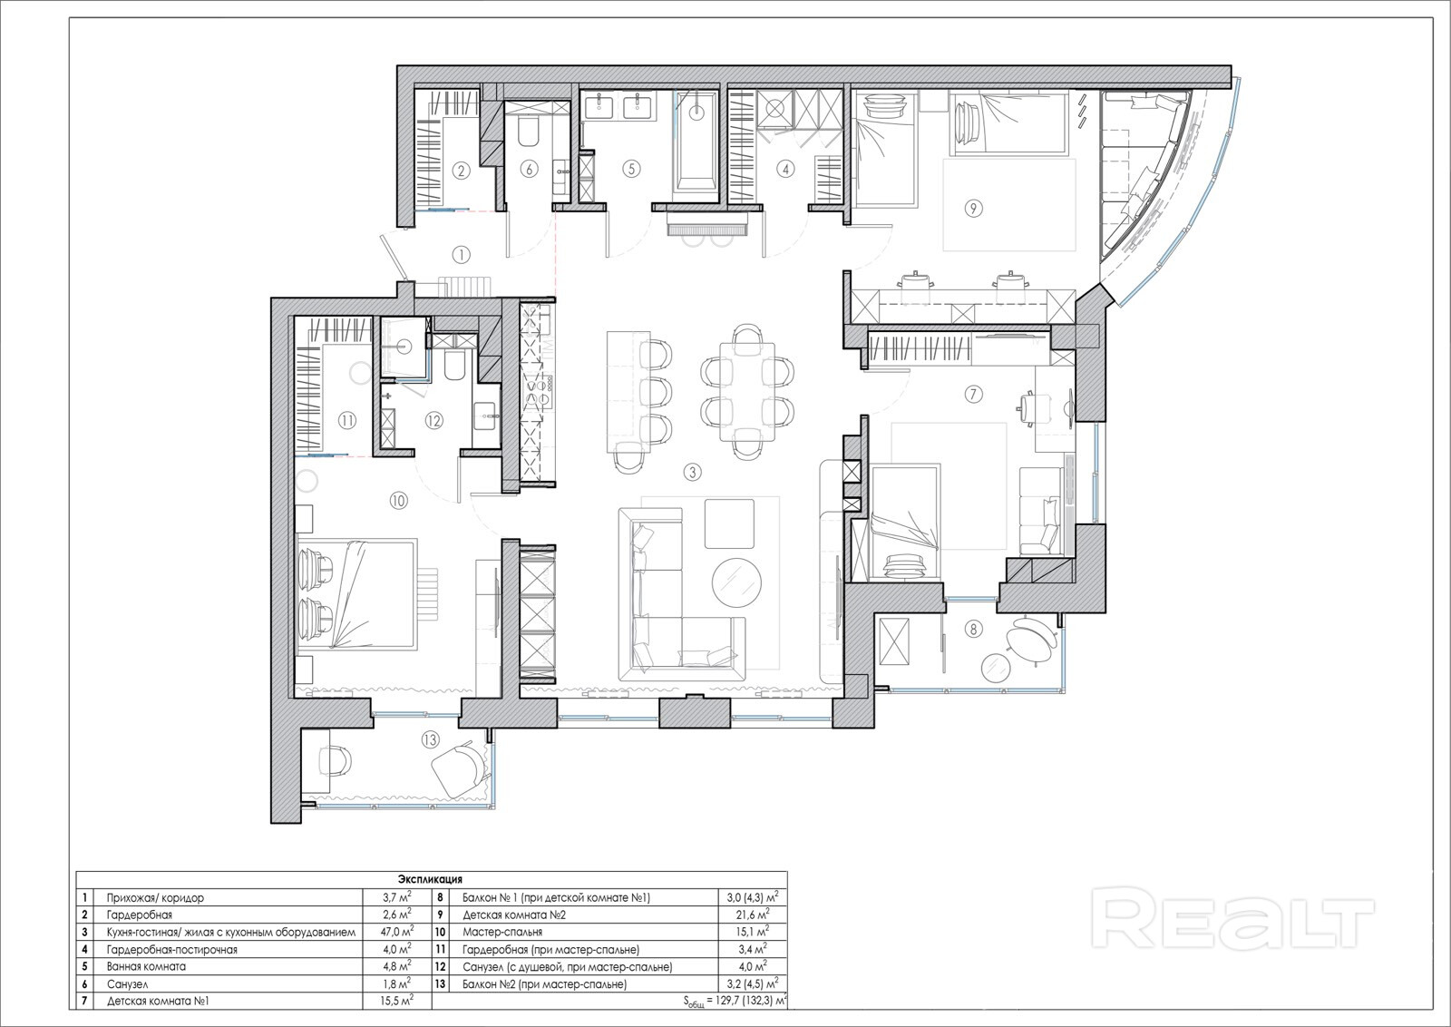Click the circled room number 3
(x=693, y=472)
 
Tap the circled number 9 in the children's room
(x=973, y=208)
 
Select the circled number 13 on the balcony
(x=430, y=739)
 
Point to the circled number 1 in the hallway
(x=462, y=255)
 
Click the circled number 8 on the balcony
(x=973, y=628)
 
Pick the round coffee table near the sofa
(x=737, y=582)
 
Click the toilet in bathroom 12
(x=453, y=366)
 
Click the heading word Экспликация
(x=430, y=879)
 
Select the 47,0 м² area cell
(x=396, y=932)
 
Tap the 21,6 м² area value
(x=753, y=915)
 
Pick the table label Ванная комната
(x=146, y=966)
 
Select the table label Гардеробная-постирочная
(x=172, y=949)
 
